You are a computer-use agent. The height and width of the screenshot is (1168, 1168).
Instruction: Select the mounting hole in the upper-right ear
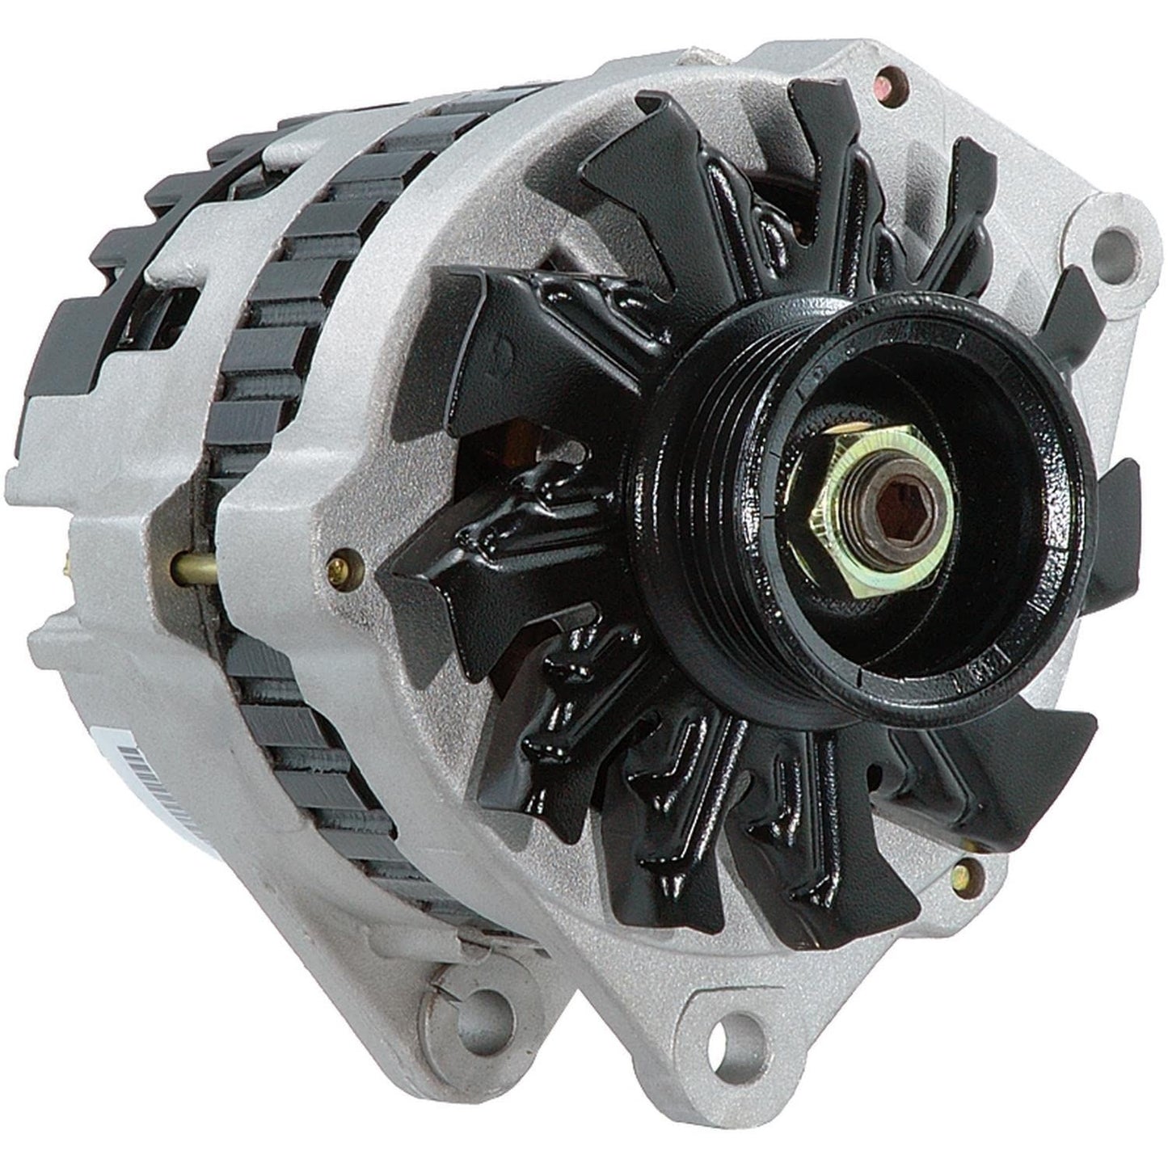1118,245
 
